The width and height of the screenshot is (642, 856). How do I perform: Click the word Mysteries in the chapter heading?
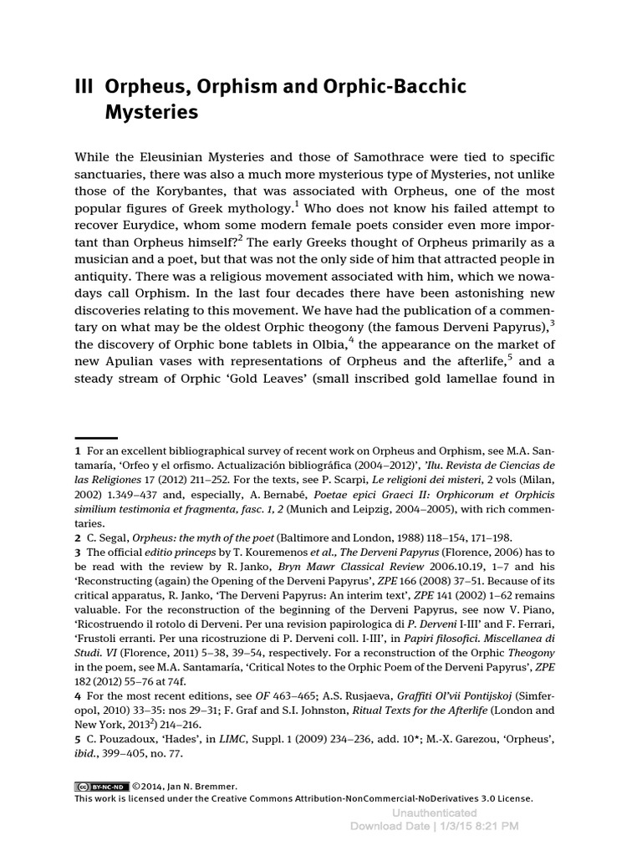click(x=151, y=111)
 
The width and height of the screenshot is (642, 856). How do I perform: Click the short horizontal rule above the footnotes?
click(x=95, y=437)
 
